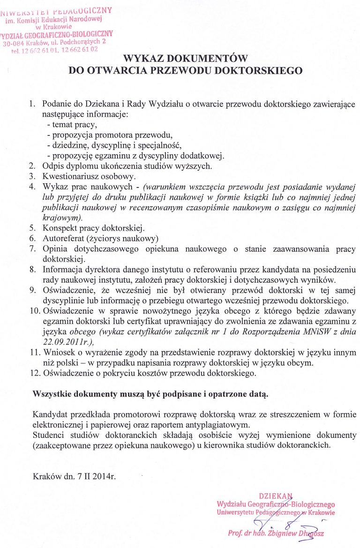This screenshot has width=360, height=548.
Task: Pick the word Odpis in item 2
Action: click(52, 166)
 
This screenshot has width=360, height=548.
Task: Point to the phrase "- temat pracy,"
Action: click(72, 125)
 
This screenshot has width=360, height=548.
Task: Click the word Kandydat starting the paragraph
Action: click(49, 414)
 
